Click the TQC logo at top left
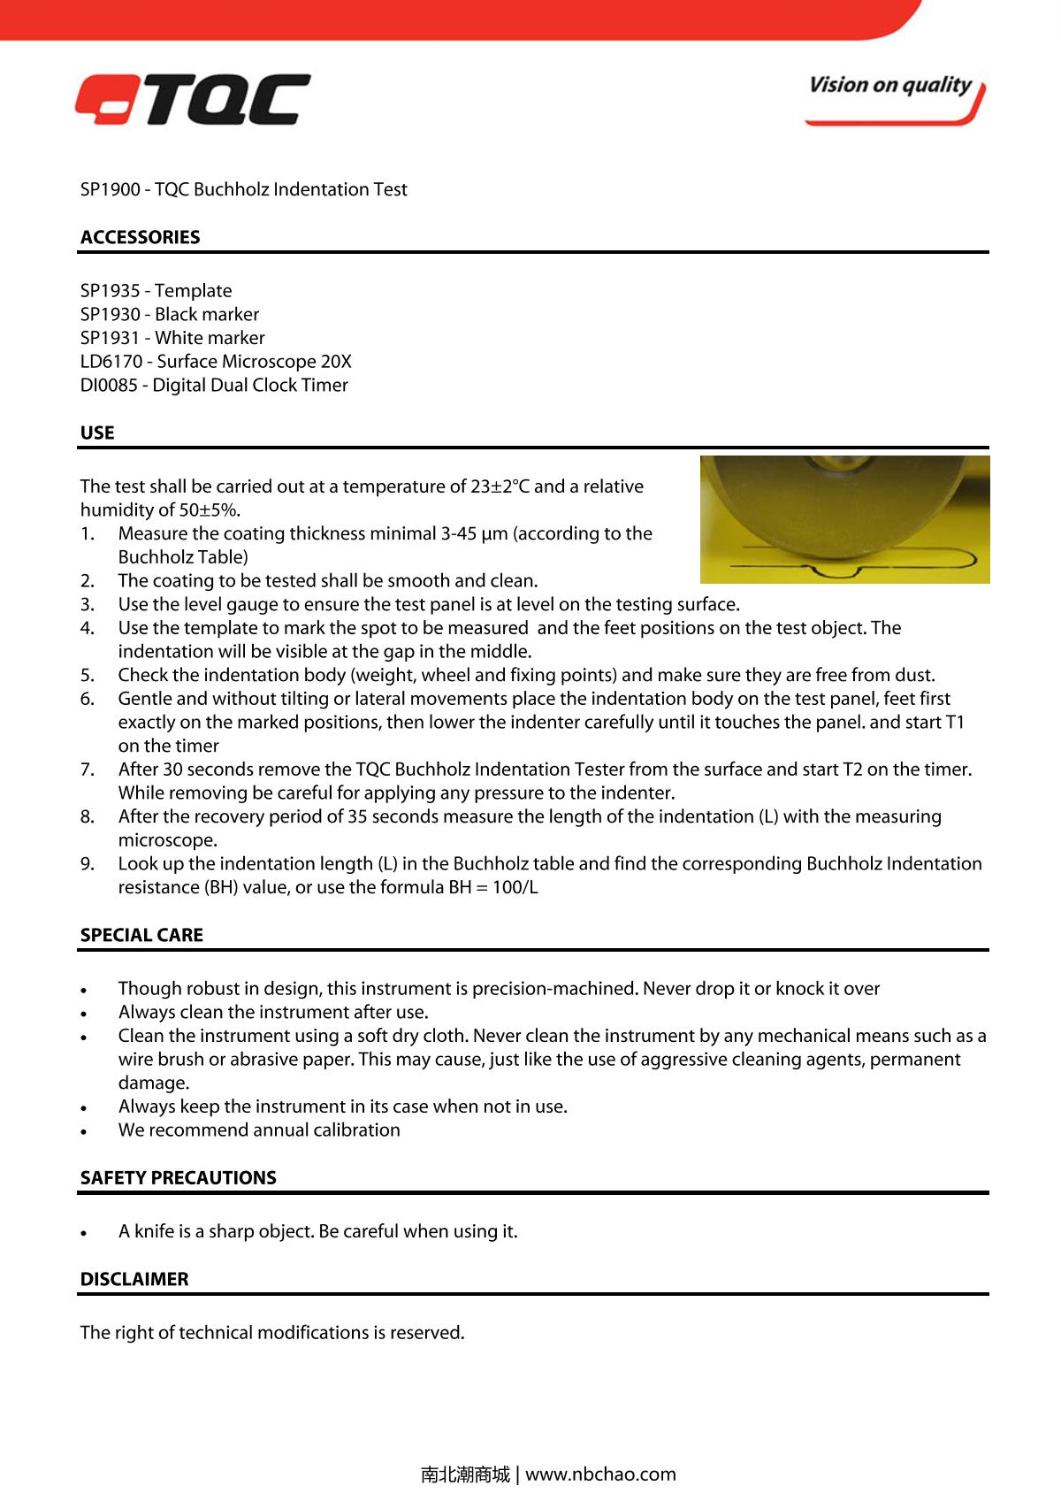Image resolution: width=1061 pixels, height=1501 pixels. (x=193, y=99)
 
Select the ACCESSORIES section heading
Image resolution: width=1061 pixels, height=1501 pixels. (x=140, y=237)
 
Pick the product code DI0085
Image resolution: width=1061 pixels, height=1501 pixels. (x=109, y=386)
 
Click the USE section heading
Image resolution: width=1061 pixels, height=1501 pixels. (x=97, y=433)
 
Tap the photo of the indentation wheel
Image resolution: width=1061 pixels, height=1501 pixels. (x=844, y=519)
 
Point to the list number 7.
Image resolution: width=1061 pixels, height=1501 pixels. (x=87, y=770)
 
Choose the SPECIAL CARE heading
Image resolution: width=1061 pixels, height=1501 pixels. (x=141, y=935)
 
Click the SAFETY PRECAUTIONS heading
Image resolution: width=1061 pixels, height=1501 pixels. (x=178, y=1177)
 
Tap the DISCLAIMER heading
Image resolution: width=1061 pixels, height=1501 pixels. (x=134, y=1279)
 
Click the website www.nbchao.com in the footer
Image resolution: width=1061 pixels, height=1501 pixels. (x=600, y=1474)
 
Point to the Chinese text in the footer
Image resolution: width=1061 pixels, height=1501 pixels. (x=465, y=1474)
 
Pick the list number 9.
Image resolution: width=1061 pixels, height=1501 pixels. (x=87, y=864)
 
